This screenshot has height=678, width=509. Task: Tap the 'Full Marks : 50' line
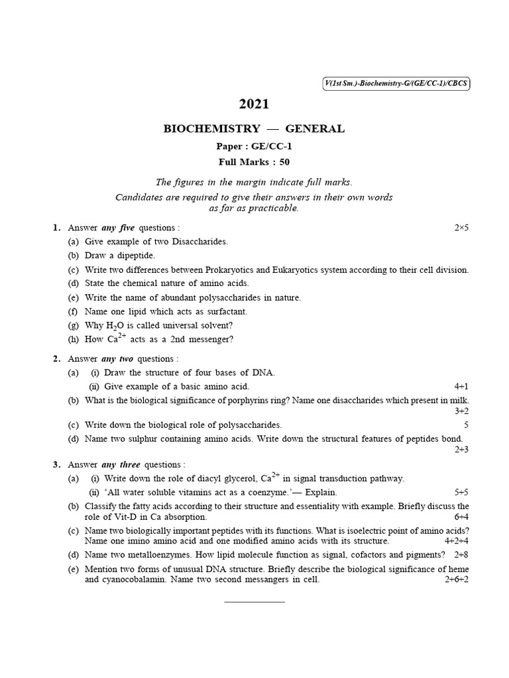[254, 161]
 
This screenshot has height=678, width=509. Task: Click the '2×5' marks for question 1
[461, 228]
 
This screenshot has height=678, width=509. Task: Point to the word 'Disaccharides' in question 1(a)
[199, 242]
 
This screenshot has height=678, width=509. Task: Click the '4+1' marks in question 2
[461, 386]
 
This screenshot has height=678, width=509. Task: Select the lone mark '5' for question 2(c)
[467, 424]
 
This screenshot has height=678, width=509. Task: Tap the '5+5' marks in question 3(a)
[461, 492]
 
